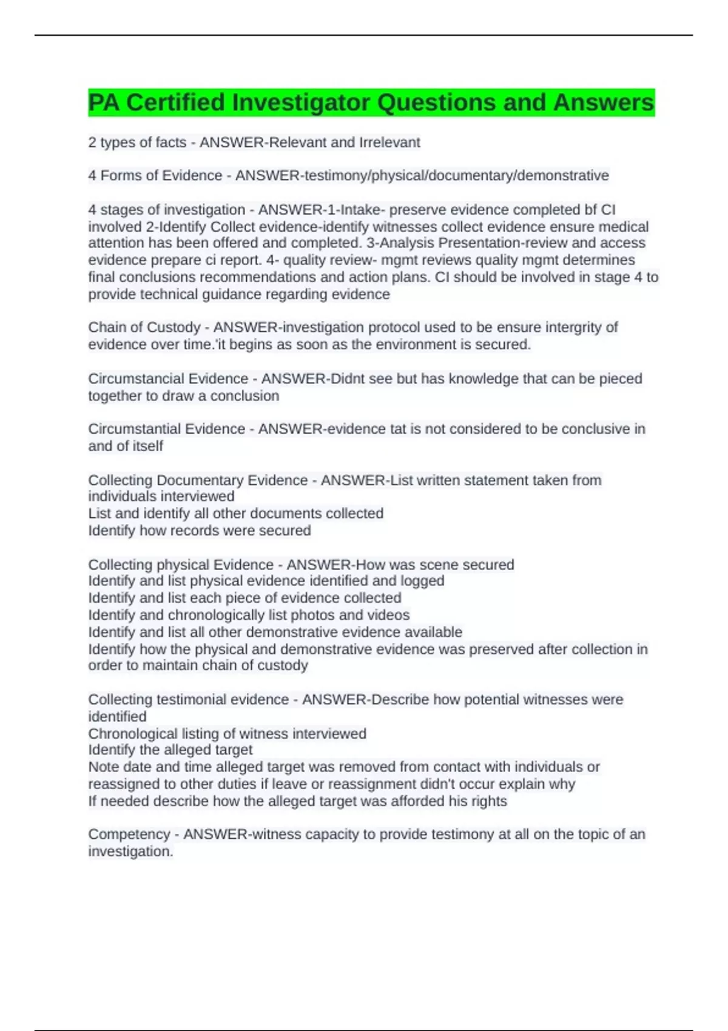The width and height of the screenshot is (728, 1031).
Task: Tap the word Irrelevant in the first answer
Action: (x=389, y=143)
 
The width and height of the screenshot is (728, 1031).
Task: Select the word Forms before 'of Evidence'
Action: (x=121, y=176)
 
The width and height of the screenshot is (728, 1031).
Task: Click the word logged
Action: (x=422, y=581)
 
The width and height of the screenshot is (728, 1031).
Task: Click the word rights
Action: (x=490, y=801)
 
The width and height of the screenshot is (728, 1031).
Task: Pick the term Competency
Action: (x=129, y=835)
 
